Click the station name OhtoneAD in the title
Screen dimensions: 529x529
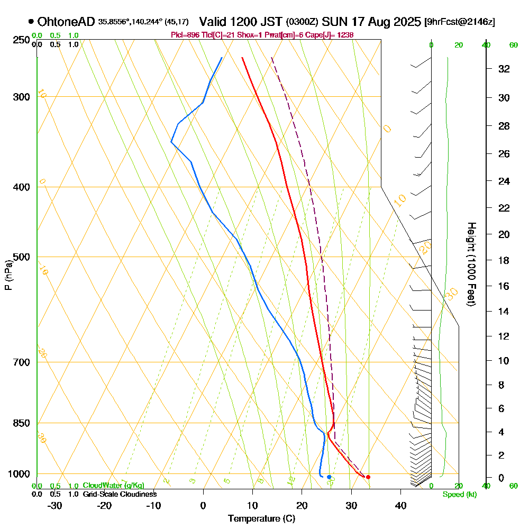click(66, 22)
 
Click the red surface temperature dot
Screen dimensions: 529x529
click(368, 477)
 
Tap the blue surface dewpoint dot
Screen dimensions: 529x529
click(329, 477)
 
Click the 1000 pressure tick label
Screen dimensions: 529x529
click(19, 474)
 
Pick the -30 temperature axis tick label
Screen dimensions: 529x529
click(55, 505)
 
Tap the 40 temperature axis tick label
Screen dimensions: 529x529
click(400, 505)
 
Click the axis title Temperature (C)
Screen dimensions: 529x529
click(261, 519)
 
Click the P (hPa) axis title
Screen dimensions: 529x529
click(8, 275)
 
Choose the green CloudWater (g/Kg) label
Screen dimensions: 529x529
click(113, 486)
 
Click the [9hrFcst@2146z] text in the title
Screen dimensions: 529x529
click(460, 22)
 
